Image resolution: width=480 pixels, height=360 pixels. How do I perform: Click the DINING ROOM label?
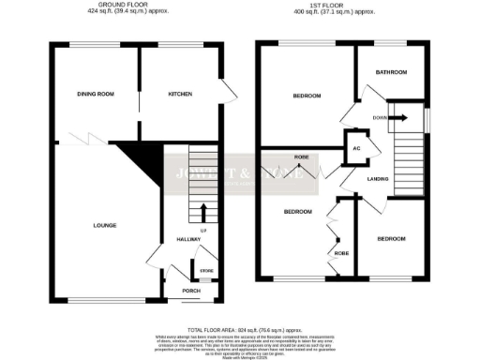coord(96,94)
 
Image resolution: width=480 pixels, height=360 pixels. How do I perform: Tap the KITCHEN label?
coord(180,94)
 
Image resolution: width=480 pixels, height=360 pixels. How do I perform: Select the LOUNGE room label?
coord(104,226)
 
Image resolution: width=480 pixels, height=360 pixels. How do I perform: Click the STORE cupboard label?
coord(204,272)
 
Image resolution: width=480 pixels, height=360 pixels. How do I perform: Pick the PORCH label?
coord(191,291)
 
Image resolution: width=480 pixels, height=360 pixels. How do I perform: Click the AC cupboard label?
coord(356,149)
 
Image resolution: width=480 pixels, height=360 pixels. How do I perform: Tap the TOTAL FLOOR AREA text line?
coord(240,330)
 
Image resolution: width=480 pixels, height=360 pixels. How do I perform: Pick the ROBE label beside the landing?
coord(302,157)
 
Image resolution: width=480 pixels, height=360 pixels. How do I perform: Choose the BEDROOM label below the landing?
coord(392,238)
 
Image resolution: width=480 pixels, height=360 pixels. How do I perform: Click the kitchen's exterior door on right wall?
coord(227,91)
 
